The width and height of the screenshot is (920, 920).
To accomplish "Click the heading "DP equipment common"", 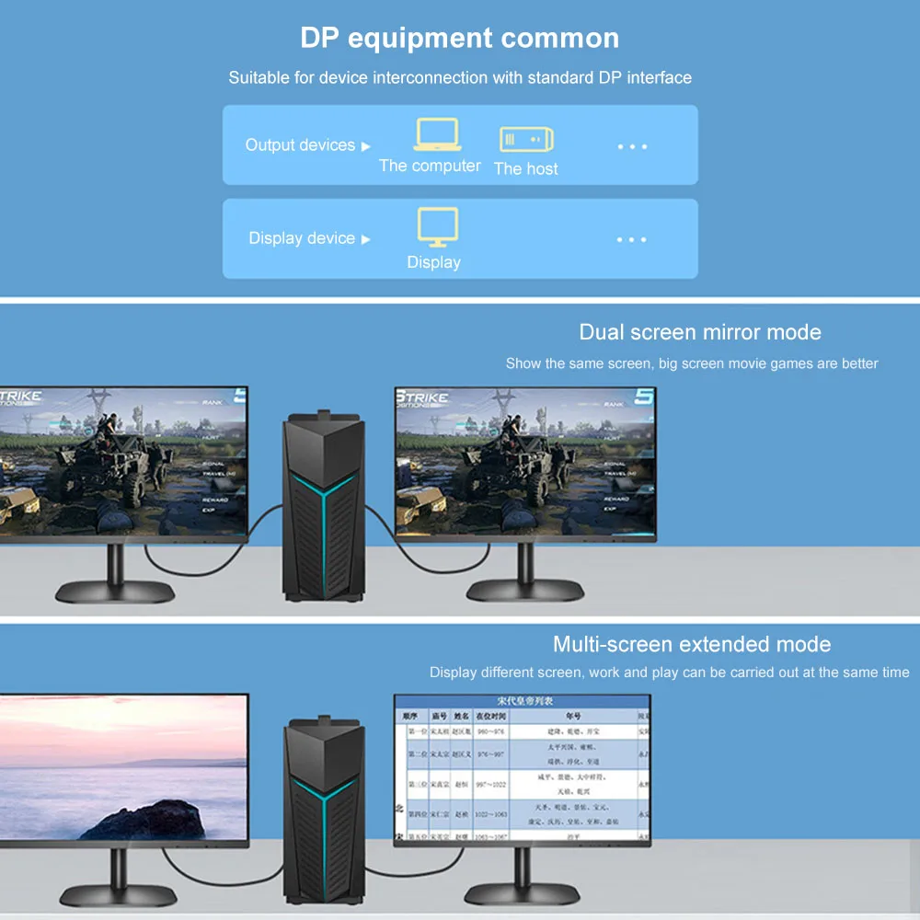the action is (x=459, y=38).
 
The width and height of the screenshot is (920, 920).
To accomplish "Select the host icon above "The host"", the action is (x=526, y=139).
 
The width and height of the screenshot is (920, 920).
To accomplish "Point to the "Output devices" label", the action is (x=300, y=145).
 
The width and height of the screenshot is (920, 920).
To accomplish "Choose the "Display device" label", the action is (x=302, y=238).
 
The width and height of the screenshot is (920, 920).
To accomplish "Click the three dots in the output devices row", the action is (x=632, y=146).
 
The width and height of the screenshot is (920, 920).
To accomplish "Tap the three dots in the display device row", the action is (x=632, y=239).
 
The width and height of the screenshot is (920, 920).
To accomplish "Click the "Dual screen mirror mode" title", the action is (x=700, y=332).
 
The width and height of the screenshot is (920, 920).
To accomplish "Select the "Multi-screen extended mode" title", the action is (x=692, y=644).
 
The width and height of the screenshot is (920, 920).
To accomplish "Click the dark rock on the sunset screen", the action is (x=147, y=819).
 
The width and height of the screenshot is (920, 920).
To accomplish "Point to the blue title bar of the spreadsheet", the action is (x=522, y=701).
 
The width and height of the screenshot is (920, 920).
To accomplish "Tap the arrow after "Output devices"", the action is (x=365, y=146).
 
